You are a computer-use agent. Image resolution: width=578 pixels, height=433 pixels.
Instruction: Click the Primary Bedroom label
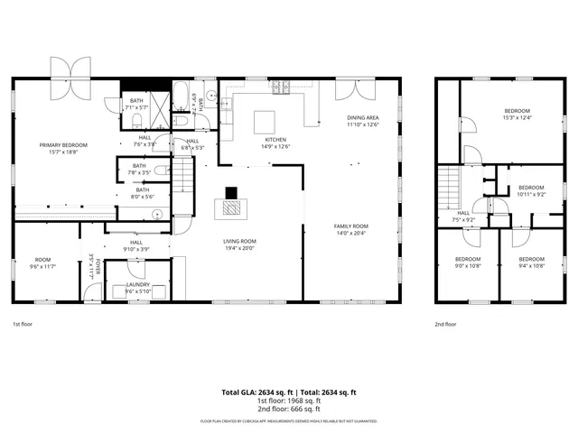coord(63,146)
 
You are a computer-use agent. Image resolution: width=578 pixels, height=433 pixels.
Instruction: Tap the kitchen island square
coord(263,122)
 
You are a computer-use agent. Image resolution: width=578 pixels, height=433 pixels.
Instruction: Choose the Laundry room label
coord(137,286)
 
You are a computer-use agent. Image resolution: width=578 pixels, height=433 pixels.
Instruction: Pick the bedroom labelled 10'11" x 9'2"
coord(531,190)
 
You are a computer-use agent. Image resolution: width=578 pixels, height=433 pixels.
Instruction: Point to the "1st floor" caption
coord(23,324)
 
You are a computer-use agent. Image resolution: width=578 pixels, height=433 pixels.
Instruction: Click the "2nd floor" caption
coord(445,324)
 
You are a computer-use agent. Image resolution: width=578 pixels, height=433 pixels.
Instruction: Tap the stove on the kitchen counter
coord(282,88)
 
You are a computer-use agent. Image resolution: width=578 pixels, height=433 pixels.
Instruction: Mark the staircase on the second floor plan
coord(449,186)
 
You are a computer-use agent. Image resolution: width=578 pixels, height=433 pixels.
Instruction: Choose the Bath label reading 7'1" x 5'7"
coord(137,104)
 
